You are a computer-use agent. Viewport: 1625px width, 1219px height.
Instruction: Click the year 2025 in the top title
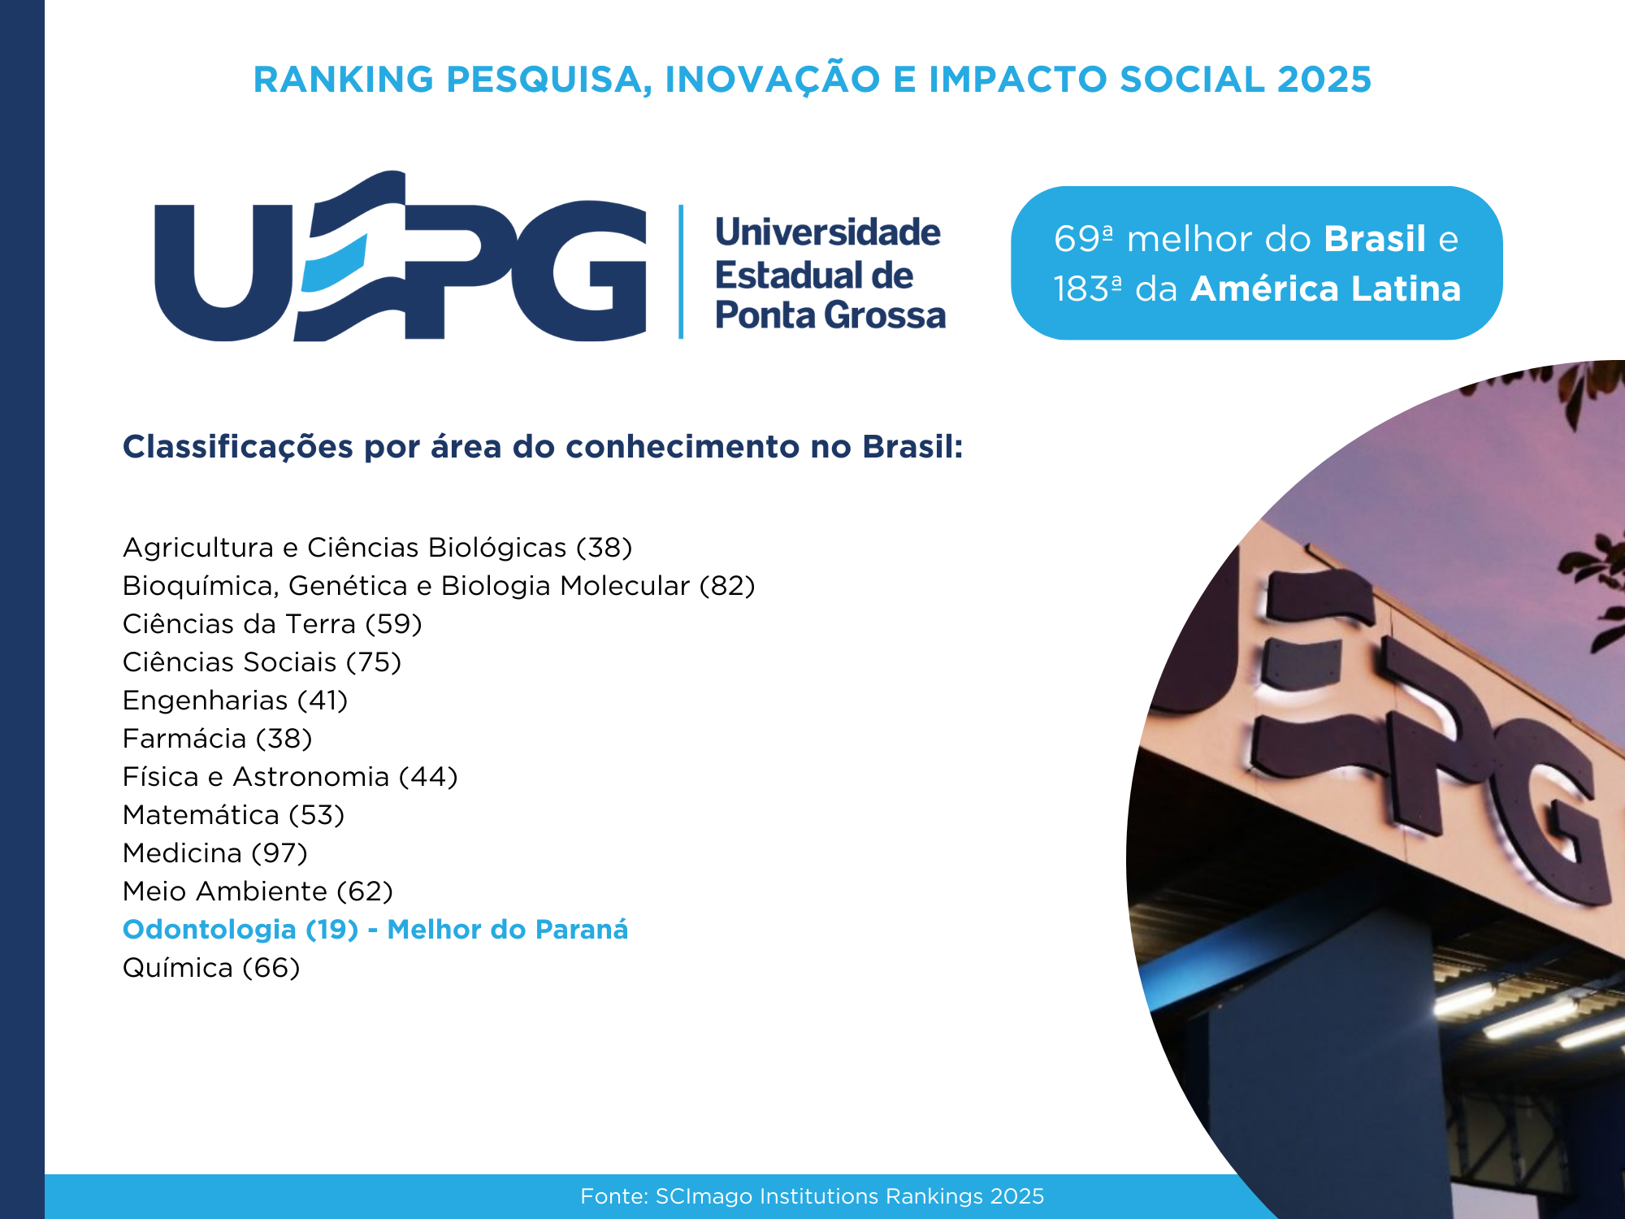coord(1324,80)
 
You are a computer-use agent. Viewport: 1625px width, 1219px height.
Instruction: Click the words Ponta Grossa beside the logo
coord(830,315)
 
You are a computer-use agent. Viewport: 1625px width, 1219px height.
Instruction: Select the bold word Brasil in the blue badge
coord(1375,239)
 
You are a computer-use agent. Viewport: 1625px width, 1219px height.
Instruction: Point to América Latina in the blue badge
coord(1326,288)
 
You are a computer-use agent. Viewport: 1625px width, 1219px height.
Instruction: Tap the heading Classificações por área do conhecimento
coord(543,447)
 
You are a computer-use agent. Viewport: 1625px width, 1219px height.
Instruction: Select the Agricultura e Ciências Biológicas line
coord(377,548)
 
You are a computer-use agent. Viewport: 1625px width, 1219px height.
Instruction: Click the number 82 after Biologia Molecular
coord(727,586)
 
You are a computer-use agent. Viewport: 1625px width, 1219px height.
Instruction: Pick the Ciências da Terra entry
coord(272,624)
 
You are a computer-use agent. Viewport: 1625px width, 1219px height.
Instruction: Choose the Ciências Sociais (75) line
coord(262,662)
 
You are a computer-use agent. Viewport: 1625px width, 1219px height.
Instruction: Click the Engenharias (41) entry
coord(235,701)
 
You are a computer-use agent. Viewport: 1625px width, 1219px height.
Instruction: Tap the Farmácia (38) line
coord(217,739)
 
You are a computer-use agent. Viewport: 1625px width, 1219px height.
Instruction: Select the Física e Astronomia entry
coord(290,777)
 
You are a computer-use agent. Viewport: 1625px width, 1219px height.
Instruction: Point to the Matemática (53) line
coord(233,815)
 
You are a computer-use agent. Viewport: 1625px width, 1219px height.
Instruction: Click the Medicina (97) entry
coord(214,853)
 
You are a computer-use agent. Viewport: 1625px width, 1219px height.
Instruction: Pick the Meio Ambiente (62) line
coord(258,891)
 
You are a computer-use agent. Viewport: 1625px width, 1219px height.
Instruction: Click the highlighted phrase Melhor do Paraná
coord(508,930)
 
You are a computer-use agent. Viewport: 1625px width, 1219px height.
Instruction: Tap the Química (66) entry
coord(211,968)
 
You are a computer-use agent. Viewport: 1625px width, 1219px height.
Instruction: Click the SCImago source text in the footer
coord(812,1196)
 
